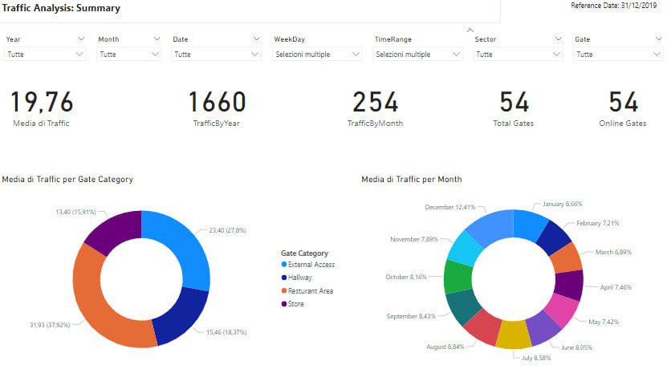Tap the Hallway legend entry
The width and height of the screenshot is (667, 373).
pos(302,278)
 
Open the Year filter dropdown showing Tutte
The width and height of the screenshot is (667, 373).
pos(46,55)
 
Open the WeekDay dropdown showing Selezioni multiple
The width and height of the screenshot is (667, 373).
pos(319,55)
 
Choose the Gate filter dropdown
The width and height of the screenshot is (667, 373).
pos(617,55)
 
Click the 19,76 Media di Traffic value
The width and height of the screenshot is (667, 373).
pos(42,103)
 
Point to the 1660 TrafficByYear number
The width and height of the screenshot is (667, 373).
pos(217,103)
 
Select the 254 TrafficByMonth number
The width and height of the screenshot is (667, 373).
pos(376,103)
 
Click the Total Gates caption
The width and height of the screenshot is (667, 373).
pos(513,124)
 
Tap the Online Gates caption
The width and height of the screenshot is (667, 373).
pos(622,124)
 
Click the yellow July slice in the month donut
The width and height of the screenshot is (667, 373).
pos(514,333)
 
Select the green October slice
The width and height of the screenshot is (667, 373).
pos(458,276)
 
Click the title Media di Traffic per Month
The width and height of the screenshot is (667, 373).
pos(411,179)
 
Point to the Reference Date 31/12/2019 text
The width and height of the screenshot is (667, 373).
pos(615,6)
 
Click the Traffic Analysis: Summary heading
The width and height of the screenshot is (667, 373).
pos(62,9)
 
